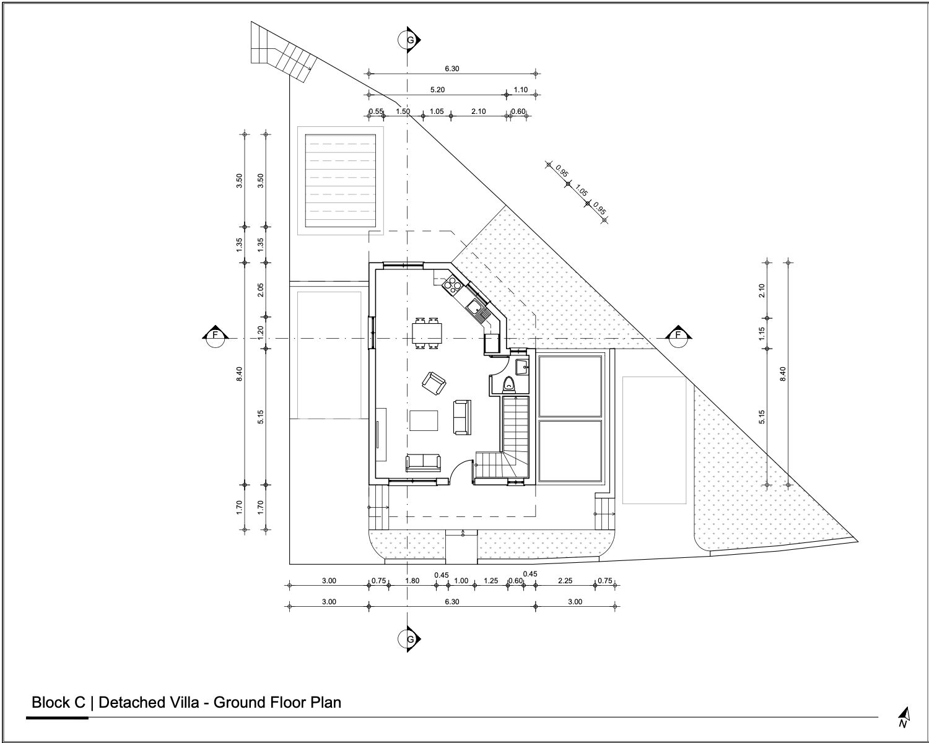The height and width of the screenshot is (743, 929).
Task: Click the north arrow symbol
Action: point(904,717)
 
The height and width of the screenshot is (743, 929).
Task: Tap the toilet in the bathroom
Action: point(509,384)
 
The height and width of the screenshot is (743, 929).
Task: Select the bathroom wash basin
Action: point(522,367)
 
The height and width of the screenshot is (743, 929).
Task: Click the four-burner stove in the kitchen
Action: point(452,285)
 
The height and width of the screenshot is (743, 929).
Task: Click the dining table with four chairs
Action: point(427,333)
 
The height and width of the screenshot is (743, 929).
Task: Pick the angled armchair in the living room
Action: point(434,383)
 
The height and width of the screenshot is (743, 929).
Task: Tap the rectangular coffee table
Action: point(424,420)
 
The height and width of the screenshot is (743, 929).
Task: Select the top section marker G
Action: point(409,40)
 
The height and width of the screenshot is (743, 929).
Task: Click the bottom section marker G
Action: point(409,639)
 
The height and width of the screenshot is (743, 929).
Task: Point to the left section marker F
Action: point(215,336)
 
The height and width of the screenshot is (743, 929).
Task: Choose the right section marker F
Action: point(678,336)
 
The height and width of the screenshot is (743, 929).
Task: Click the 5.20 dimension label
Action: point(437,90)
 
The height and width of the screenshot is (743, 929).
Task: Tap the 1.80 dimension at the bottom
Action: point(412,581)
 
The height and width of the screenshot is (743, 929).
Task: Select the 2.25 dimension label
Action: point(565,581)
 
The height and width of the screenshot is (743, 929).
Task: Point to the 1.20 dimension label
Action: point(260,332)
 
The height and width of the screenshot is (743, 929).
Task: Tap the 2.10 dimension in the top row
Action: point(478,111)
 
